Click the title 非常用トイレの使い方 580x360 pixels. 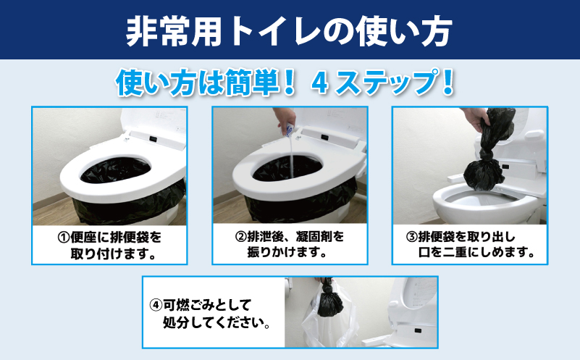point(290,30)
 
